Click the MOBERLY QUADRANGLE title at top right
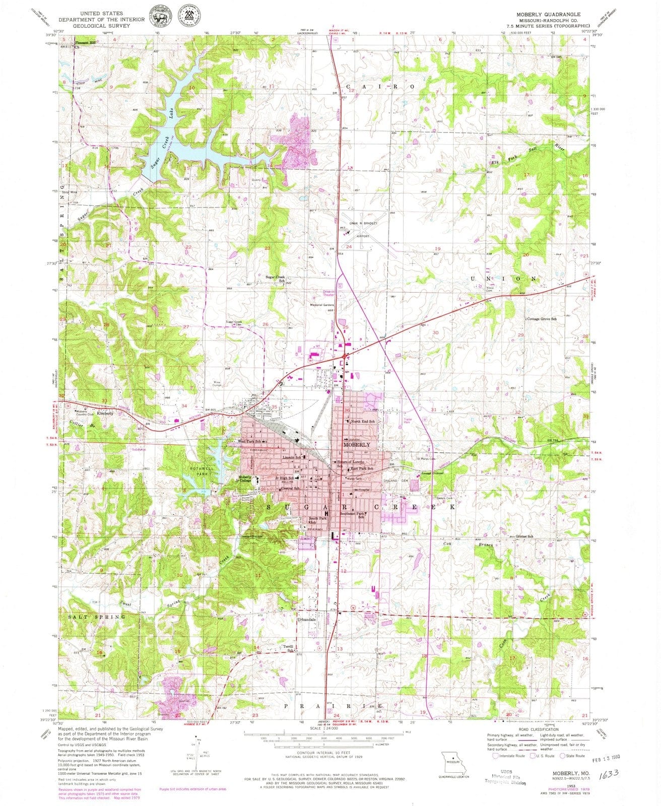click(548, 14)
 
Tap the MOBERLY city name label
click(356, 445)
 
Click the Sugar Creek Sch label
click(276, 279)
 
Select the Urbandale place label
click(307, 619)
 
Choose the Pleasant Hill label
click(85, 43)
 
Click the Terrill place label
click(288, 646)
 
